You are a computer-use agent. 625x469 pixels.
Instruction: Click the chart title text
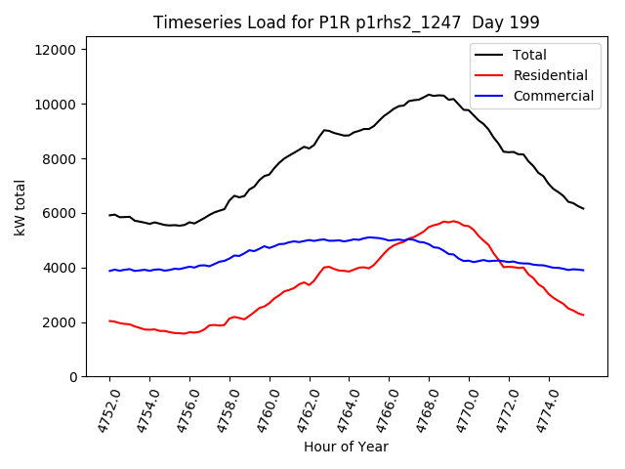[x=348, y=21]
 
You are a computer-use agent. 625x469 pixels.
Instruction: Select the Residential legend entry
[x=551, y=75]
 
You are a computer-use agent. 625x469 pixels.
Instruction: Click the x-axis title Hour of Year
[x=346, y=447]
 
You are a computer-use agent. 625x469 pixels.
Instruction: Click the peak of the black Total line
[x=430, y=95]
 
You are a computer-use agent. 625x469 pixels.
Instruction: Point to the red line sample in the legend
[x=492, y=75]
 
